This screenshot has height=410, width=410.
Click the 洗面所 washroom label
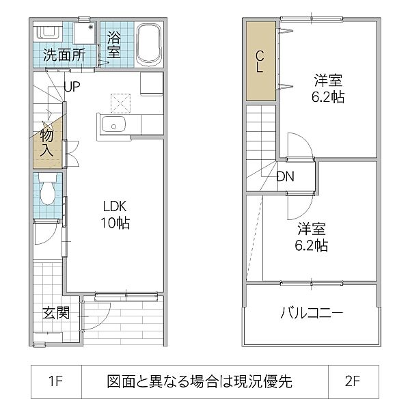[x=65, y=55]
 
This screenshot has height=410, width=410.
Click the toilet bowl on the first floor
[x=48, y=191]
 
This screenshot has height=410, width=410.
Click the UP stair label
[x=73, y=86]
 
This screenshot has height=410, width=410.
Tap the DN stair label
[x=286, y=176]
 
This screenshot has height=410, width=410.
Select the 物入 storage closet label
[x=46, y=143]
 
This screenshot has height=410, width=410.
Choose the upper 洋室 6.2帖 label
[x=329, y=87]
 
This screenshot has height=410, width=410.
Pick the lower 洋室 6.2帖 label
[x=312, y=236]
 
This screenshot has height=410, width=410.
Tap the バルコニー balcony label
[x=312, y=314]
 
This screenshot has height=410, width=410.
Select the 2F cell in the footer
[x=353, y=381]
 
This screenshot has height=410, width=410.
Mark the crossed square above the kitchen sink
[x=120, y=103]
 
